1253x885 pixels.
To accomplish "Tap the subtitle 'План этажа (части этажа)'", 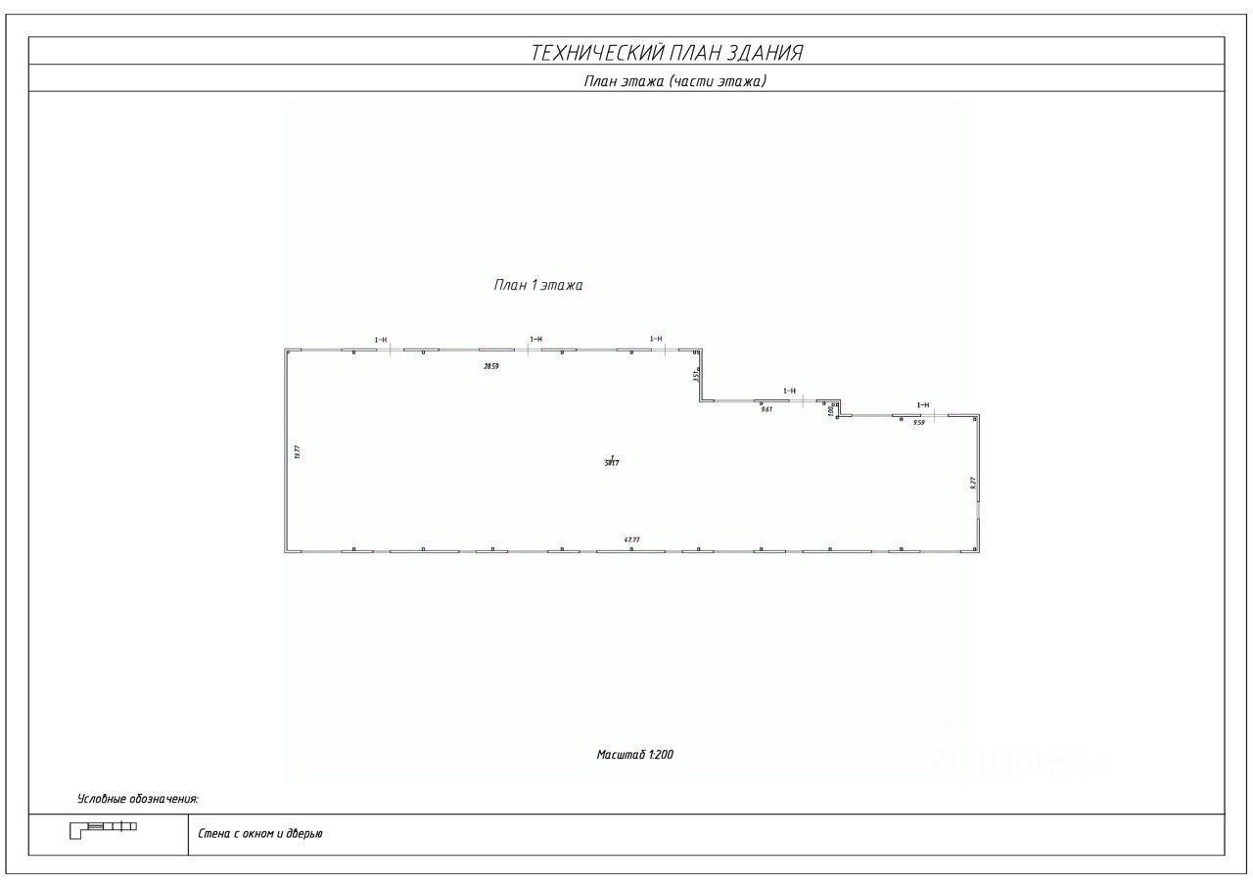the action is (x=674, y=81).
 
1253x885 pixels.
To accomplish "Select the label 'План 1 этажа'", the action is (x=538, y=285).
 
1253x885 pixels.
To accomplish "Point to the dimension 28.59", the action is (x=491, y=366).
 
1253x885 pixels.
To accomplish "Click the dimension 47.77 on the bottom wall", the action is (x=631, y=539).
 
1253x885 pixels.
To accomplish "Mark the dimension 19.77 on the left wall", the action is (x=296, y=451).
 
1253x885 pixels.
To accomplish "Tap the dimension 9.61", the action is (x=766, y=409).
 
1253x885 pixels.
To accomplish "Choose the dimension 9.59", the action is (x=918, y=423).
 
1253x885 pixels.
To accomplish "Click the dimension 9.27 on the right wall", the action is (x=972, y=483).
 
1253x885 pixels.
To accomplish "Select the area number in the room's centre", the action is (x=612, y=462).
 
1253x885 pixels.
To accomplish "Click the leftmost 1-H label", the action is (x=381, y=340).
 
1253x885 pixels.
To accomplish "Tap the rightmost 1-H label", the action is (x=923, y=404).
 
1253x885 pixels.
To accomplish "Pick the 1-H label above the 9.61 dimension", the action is (x=789, y=391).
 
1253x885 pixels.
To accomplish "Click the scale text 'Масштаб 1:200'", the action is (x=635, y=755).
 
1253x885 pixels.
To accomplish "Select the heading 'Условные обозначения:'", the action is (x=138, y=800).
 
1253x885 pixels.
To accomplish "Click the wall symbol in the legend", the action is (x=103, y=829).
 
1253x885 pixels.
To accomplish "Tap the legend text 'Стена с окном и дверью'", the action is (x=260, y=834).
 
